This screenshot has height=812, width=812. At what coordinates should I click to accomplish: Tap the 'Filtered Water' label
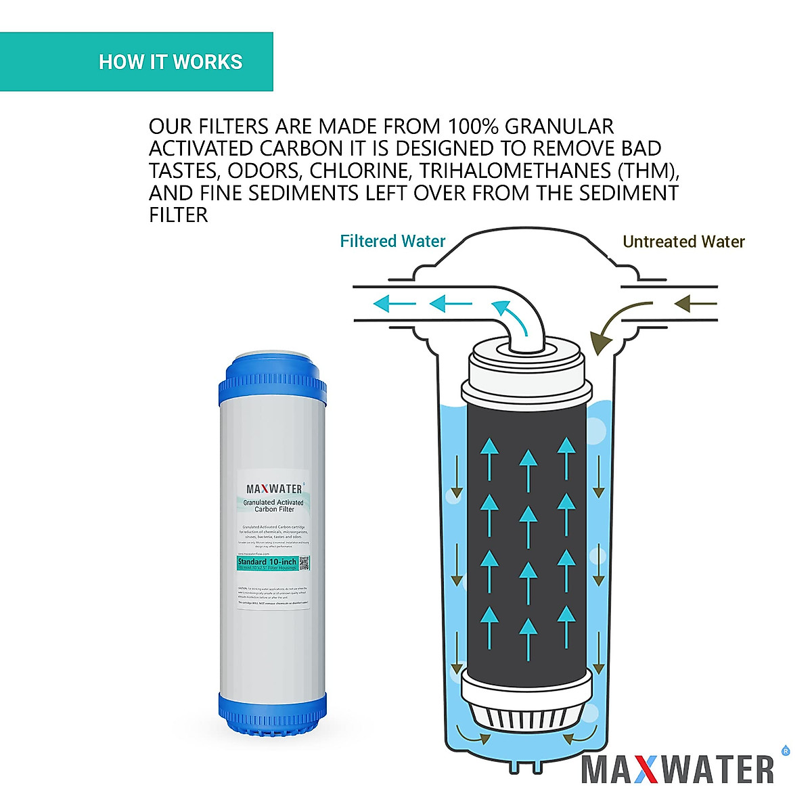pyautogui.click(x=392, y=242)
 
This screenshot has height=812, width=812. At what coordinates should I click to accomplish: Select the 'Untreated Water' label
pyautogui.click(x=683, y=242)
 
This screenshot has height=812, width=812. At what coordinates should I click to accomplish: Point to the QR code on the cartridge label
pyautogui.click(x=304, y=563)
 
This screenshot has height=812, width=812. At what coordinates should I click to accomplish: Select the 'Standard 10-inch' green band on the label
pyautogui.click(x=267, y=563)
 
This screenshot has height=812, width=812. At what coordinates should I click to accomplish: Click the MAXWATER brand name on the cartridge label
pyautogui.click(x=273, y=489)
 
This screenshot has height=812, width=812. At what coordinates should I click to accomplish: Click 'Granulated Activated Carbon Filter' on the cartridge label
pyautogui.click(x=273, y=505)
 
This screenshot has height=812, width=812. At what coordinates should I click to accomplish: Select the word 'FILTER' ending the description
pyautogui.click(x=178, y=215)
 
